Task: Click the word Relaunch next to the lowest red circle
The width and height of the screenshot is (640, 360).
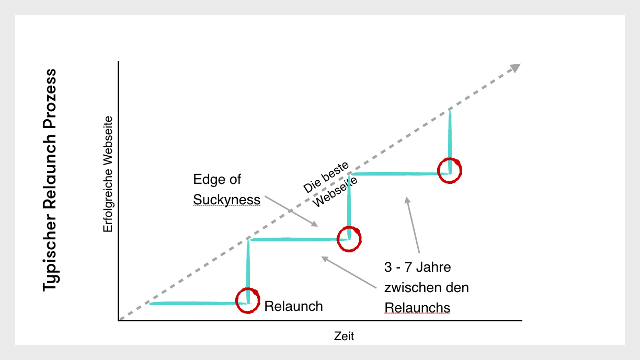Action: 293,306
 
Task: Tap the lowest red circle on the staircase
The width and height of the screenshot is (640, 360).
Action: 247,300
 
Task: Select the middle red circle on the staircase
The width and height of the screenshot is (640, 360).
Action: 349,238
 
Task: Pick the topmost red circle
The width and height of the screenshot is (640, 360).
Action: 450,170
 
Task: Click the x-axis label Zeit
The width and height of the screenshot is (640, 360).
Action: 344,336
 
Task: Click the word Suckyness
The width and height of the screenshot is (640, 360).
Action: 226,200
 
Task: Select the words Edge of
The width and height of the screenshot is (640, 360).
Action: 217,180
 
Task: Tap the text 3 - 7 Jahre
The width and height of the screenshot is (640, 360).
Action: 417,267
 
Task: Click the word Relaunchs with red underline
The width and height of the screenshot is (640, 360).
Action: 417,308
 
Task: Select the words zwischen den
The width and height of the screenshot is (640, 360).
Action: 426,287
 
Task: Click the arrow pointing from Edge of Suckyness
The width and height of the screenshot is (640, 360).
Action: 291,211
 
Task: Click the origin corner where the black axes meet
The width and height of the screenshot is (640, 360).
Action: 119,320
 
